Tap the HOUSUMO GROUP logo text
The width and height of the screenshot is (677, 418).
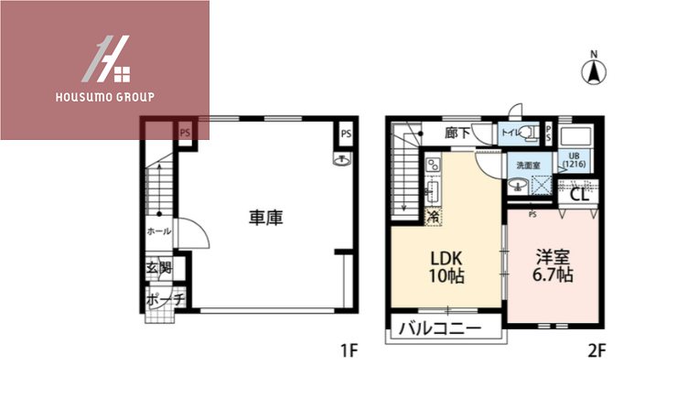[x=105, y=96]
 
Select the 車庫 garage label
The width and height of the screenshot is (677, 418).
[x=265, y=218]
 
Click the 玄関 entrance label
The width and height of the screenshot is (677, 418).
[x=158, y=269]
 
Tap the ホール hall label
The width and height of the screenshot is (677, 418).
[x=159, y=231]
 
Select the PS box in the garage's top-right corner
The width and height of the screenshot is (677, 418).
[x=345, y=134]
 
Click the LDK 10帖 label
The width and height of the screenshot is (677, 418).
[x=445, y=266]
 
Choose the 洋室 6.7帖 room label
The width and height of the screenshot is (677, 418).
[x=553, y=266]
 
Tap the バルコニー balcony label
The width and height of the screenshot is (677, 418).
[x=438, y=327]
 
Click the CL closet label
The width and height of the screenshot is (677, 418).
[x=579, y=194]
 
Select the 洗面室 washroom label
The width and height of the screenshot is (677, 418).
[x=528, y=165]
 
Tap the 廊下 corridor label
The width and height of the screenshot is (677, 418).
[x=457, y=134]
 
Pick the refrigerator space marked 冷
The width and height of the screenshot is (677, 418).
[x=434, y=217]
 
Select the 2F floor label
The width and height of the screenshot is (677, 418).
[x=597, y=349]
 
